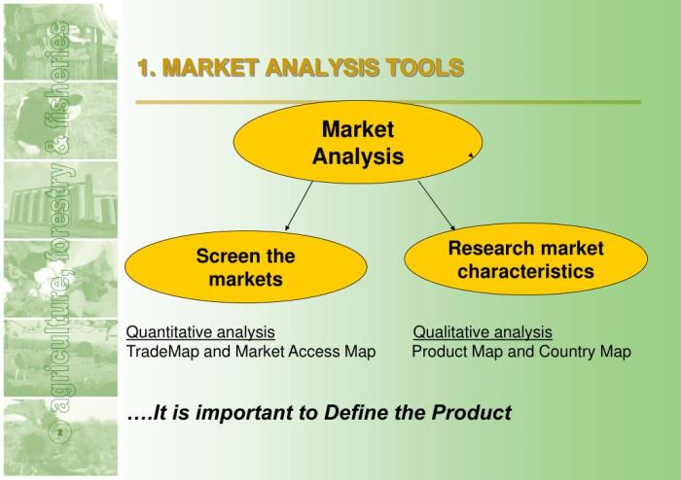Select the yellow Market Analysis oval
point(358,142)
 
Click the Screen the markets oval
point(246,266)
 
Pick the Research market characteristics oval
point(525,259)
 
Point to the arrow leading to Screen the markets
point(299,206)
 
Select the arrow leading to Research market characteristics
point(437,205)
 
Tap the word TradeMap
point(162,351)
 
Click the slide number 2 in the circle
point(60,432)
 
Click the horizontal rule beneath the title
point(388,102)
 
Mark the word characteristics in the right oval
point(525,271)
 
